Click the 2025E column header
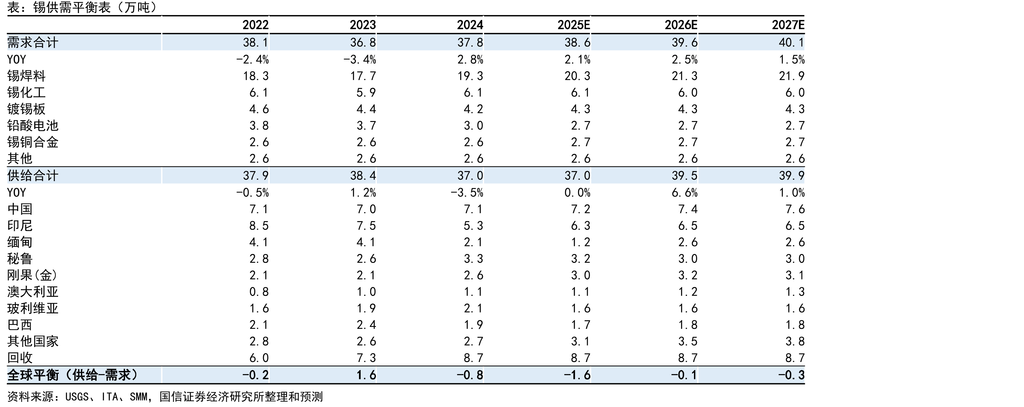pyautogui.click(x=574, y=25)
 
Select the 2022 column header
pyautogui.click(x=256, y=25)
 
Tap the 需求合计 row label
pyautogui.click(x=32, y=42)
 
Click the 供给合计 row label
pyautogui.click(x=32, y=176)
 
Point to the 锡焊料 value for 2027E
pyautogui.click(x=792, y=76)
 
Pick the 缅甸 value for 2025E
pyautogui.click(x=580, y=242)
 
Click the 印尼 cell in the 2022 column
pyautogui.click(x=259, y=226)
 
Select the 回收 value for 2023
pyautogui.click(x=366, y=358)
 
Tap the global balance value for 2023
pyautogui.click(x=366, y=375)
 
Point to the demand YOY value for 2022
pyautogui.click(x=252, y=59)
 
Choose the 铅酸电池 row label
pyautogui.click(x=32, y=125)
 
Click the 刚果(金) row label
pyautogui.click(x=32, y=275)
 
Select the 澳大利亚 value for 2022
pyautogui.click(x=259, y=292)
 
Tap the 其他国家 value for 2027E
pyautogui.click(x=795, y=341)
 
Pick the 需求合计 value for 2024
pyautogui.click(x=470, y=42)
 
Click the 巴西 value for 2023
pyautogui.click(x=366, y=325)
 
